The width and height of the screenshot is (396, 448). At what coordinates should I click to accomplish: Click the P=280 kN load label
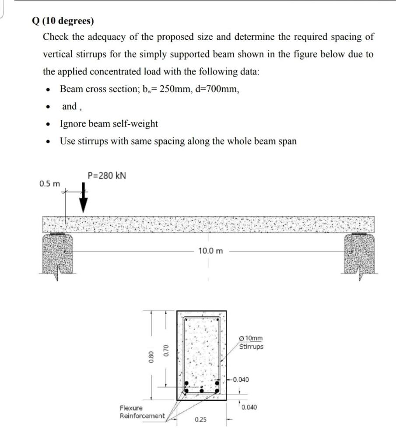tap(107, 175)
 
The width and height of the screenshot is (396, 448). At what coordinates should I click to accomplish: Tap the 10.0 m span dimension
tap(210, 251)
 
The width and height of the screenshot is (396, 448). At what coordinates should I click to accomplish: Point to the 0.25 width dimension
tap(201, 420)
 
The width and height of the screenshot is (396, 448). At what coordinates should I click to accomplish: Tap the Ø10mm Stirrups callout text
tap(252, 342)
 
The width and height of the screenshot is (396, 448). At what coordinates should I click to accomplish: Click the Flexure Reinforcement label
tap(142, 412)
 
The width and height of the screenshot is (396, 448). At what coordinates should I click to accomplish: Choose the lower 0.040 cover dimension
tap(248, 407)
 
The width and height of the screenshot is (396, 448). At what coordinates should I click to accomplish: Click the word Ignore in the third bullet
tap(72, 124)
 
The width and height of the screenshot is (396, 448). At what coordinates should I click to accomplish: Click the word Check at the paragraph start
tap(56, 37)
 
